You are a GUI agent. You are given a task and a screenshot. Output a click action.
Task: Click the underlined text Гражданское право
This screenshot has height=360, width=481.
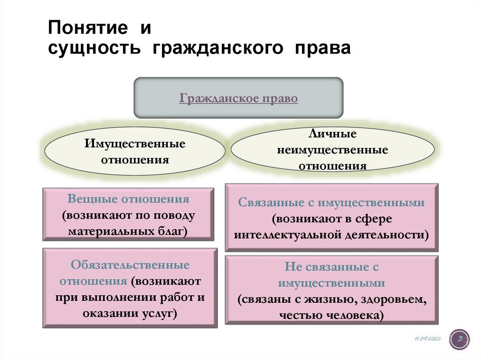(239, 99)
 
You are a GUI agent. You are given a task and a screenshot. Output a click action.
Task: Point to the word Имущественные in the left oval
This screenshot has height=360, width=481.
(135, 143)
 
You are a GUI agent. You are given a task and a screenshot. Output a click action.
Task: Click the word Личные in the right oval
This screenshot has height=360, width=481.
(333, 134)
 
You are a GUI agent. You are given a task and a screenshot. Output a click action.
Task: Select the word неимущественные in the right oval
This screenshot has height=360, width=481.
(333, 150)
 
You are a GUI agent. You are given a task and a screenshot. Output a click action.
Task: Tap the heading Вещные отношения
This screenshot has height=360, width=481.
(128, 199)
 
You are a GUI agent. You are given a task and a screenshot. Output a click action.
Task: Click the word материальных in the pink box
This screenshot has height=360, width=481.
(112, 231)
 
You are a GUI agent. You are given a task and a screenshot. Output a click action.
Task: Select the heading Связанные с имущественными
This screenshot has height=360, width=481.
(332, 203)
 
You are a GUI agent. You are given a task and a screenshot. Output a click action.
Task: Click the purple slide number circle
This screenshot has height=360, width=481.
(459, 339)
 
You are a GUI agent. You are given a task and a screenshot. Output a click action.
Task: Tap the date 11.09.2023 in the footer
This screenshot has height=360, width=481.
(427, 338)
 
